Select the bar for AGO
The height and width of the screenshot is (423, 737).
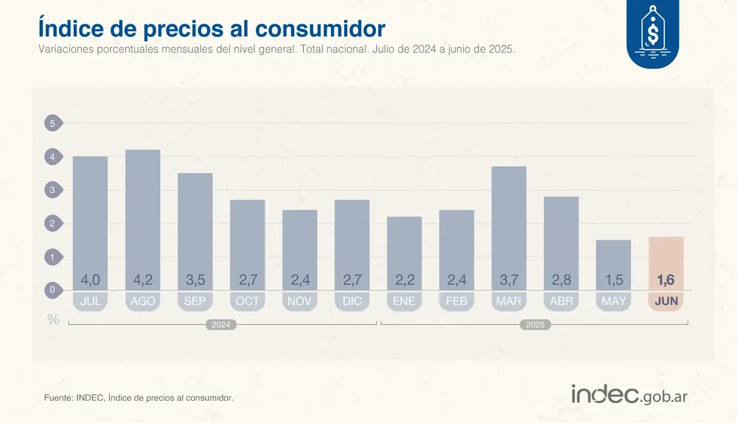(x=143, y=214)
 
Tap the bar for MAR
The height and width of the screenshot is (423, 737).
(x=509, y=221)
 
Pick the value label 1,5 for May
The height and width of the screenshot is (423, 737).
(x=613, y=280)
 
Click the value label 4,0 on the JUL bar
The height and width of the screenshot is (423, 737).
(x=90, y=280)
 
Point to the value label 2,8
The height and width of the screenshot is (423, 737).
(x=561, y=280)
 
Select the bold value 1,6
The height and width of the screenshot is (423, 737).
(x=666, y=280)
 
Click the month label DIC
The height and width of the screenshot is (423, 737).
(x=352, y=301)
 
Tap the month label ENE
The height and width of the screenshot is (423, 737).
(x=404, y=301)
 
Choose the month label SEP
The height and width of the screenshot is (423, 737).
(x=195, y=301)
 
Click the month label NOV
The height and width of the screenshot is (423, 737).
(x=299, y=301)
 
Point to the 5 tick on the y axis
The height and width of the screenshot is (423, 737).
(x=52, y=123)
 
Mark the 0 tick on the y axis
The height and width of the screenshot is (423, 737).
(x=52, y=290)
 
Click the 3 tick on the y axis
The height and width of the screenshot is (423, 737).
(x=52, y=190)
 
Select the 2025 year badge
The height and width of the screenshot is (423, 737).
(x=536, y=324)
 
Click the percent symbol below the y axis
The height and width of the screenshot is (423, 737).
(x=53, y=319)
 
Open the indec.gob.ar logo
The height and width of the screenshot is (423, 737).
(x=629, y=394)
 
